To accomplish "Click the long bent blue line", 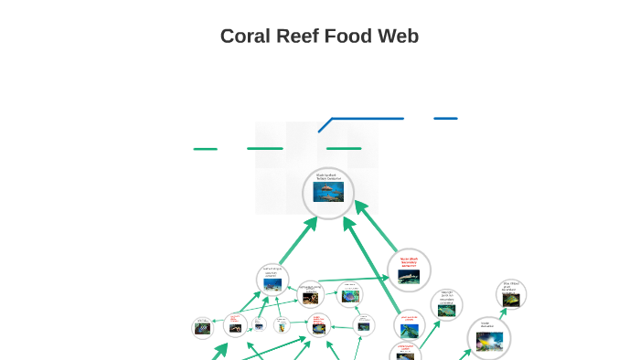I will (366, 118).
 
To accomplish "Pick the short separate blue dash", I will (445, 118).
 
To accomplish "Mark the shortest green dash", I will (206, 148).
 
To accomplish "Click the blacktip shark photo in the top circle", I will (328, 192).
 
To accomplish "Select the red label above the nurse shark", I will (409, 261).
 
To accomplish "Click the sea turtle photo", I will (272, 284).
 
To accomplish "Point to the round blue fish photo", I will (349, 297).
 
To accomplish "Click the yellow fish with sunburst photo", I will (488, 341).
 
